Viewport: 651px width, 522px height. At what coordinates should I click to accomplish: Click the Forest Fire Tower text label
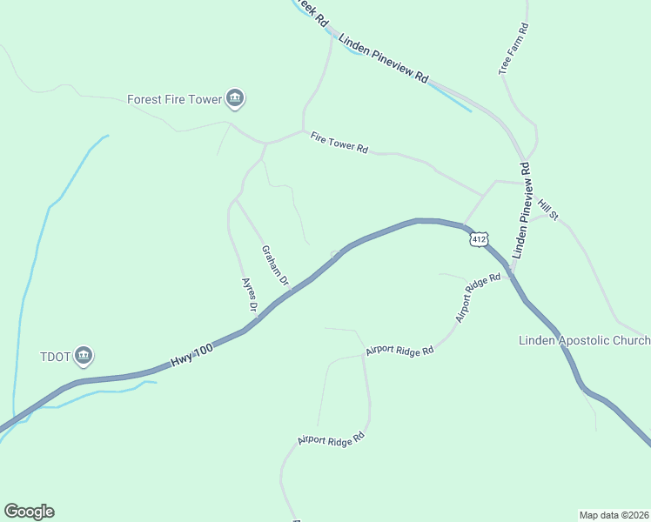tap(174, 99)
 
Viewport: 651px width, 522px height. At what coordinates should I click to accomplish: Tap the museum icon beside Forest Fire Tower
tap(234, 99)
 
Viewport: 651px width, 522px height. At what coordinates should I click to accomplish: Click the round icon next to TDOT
tap(84, 355)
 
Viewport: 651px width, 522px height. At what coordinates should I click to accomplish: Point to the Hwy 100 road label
tap(191, 351)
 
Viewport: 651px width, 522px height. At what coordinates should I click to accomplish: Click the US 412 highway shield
tap(478, 239)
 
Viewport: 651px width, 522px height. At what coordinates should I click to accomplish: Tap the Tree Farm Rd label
tap(513, 49)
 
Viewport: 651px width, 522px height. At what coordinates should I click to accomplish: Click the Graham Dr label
tap(275, 265)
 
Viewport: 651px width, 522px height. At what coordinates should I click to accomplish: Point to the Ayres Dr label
tap(249, 296)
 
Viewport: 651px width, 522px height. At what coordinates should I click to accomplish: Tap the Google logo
tap(29, 512)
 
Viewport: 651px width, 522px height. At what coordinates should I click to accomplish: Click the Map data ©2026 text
tap(614, 515)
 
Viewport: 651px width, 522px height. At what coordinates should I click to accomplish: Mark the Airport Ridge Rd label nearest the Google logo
tap(331, 436)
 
